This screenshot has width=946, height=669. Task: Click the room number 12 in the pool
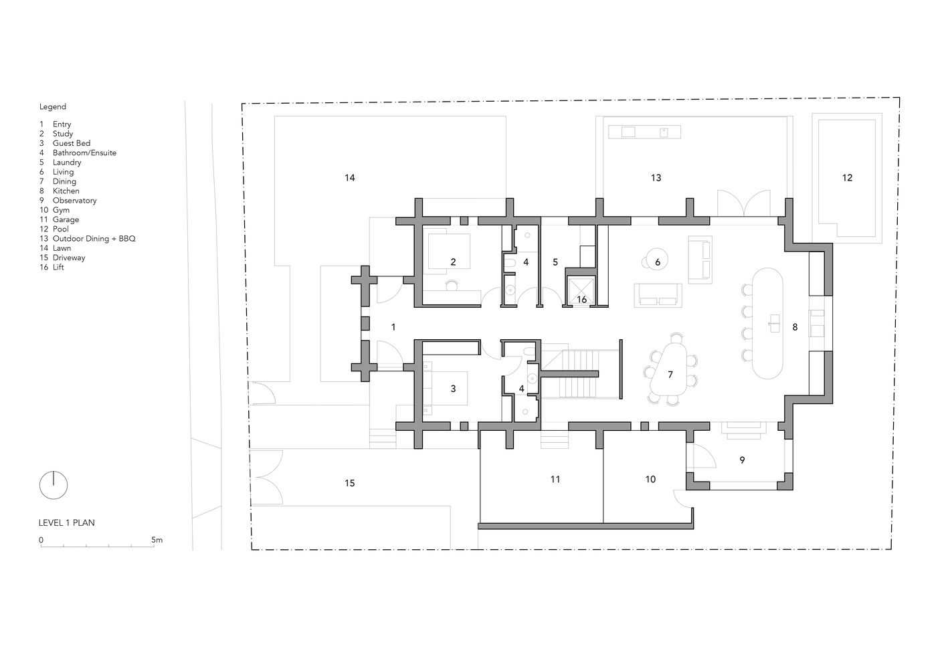point(847,178)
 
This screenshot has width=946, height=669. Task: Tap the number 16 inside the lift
point(581,300)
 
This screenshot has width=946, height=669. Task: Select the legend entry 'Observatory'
point(74,201)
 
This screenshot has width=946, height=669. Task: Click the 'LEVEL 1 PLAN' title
point(67,523)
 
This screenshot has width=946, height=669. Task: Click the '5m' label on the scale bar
point(157,540)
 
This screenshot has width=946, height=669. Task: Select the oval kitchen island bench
point(767,323)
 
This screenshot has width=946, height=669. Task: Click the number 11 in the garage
point(555,480)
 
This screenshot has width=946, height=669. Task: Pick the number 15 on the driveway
point(349,483)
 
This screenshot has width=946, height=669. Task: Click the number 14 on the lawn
point(349,178)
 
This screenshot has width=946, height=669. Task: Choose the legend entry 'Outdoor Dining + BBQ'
point(94,239)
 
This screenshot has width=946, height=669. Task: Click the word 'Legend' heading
point(53,106)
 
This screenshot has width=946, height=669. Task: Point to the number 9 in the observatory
point(742,460)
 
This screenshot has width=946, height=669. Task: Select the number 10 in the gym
point(650,480)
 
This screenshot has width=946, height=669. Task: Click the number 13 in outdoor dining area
point(656,178)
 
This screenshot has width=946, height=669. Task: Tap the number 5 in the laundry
point(555,262)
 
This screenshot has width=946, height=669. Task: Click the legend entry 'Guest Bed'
point(72,143)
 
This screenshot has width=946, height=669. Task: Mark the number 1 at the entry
point(393,327)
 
